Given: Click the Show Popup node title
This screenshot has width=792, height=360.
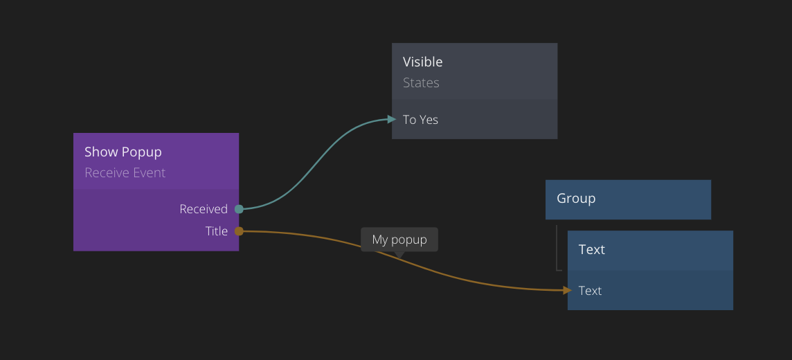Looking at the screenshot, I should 123,152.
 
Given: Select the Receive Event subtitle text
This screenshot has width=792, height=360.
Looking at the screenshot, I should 125,173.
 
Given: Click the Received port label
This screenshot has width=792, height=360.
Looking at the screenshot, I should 203,209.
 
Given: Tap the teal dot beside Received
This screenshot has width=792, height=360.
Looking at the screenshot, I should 239,209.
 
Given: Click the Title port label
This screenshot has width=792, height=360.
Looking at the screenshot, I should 216,231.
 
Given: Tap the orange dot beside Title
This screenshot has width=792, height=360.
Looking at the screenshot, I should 239,231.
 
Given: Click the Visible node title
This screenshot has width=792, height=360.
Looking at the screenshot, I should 422,62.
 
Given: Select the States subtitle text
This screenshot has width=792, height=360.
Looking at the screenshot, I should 421,83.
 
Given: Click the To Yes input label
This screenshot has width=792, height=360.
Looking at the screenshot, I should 420,120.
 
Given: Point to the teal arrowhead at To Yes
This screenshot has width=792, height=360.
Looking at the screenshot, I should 392,119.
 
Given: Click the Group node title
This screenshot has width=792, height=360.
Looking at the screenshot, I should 575,199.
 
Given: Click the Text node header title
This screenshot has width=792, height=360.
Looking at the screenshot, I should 591,250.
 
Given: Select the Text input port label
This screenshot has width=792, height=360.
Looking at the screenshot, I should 590,291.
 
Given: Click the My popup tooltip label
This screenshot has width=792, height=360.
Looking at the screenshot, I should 399,240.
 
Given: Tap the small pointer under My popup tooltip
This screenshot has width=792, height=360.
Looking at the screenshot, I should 399,255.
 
